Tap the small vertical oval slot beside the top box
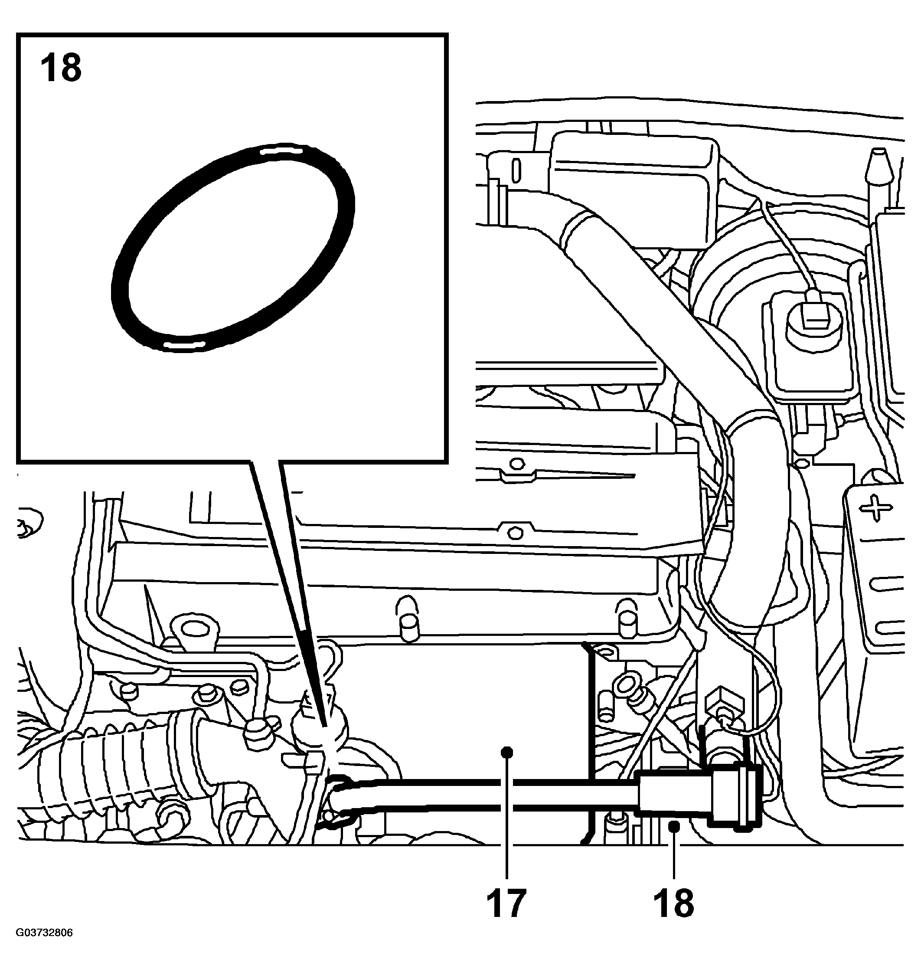pos(516,170)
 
